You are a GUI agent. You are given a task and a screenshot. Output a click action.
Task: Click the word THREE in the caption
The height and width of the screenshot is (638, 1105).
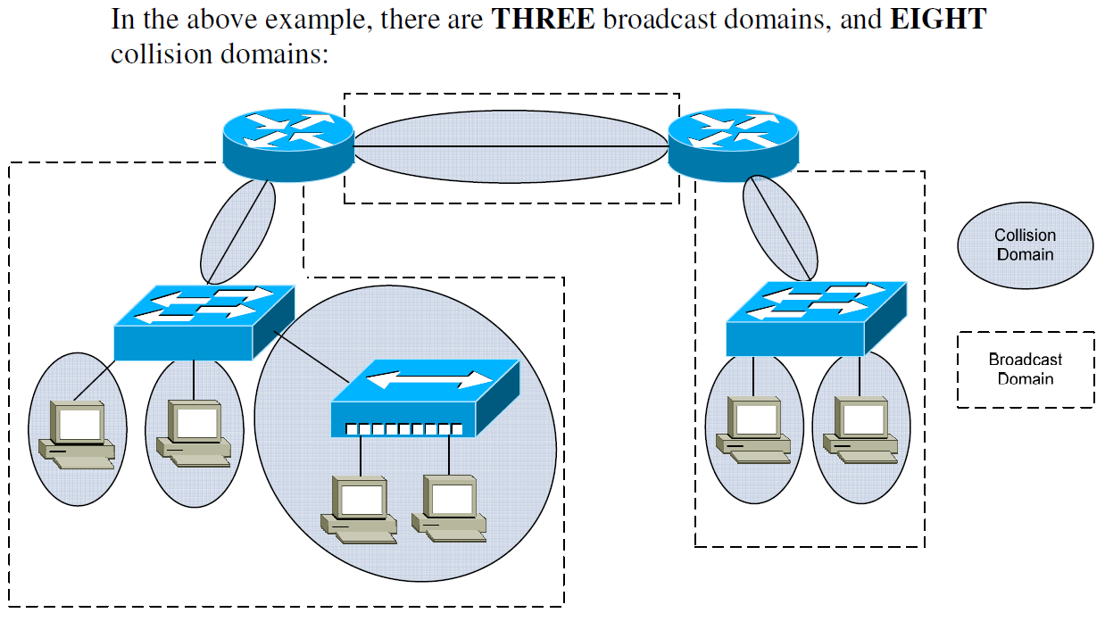(x=543, y=19)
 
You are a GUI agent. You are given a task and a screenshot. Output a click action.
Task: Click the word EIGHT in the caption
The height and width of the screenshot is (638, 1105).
(x=938, y=19)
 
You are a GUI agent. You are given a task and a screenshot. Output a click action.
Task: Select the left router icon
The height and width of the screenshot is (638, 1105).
(x=287, y=143)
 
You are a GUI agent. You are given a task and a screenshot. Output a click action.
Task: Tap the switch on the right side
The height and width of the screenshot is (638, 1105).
(x=816, y=319)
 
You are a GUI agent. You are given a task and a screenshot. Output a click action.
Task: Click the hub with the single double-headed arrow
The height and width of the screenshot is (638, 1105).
(x=424, y=397)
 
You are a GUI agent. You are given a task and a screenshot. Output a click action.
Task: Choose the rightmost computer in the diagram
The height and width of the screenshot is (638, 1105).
(x=861, y=429)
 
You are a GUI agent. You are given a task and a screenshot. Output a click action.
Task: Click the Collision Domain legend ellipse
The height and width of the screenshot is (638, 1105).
(x=1025, y=245)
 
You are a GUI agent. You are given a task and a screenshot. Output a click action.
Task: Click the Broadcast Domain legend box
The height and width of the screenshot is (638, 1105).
(x=1025, y=369)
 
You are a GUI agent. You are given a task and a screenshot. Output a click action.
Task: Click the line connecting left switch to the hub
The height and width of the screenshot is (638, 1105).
(x=308, y=355)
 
